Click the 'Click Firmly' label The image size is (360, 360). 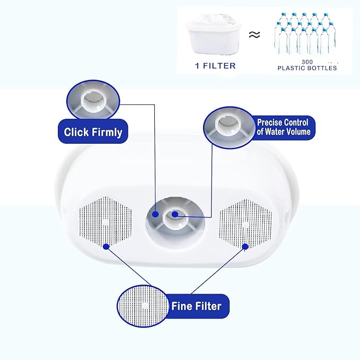coord(93,132)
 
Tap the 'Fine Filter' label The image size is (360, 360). coord(196,306)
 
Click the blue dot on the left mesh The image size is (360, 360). coord(106,246)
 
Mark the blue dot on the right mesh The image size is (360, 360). coord(245,246)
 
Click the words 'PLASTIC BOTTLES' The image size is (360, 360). coord(307,68)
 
